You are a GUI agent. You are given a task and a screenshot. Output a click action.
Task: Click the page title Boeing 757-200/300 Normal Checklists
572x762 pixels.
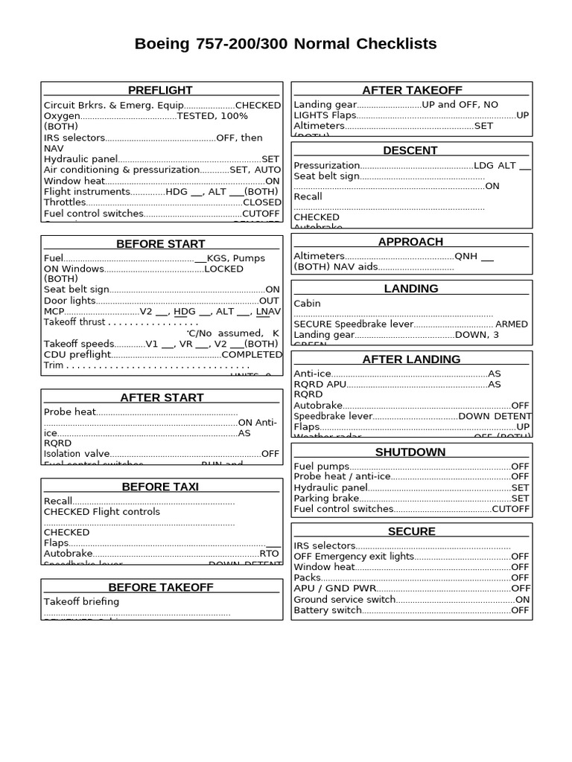click(x=285, y=44)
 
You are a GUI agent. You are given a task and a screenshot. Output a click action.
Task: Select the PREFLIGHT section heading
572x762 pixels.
click(x=160, y=90)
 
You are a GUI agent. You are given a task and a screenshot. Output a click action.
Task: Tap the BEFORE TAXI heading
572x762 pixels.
click(x=160, y=487)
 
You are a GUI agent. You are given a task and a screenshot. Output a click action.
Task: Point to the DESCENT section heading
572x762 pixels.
click(x=410, y=150)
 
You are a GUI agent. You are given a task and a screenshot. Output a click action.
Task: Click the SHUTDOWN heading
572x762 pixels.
click(x=410, y=452)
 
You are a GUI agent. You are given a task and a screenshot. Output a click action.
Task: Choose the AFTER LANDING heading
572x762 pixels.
click(x=411, y=359)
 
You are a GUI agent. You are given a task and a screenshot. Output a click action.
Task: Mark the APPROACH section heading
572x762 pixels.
click(x=410, y=242)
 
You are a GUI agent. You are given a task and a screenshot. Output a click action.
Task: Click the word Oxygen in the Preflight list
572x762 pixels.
click(x=61, y=116)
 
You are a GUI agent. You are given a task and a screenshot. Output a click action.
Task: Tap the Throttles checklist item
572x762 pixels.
click(x=65, y=202)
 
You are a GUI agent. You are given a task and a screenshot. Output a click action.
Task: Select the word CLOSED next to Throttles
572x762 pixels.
click(x=262, y=202)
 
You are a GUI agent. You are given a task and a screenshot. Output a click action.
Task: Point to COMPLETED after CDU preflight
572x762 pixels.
click(x=252, y=355)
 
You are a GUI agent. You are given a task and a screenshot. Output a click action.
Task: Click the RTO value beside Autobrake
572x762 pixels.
click(x=269, y=554)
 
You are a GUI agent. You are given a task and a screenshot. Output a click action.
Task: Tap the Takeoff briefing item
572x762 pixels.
click(x=81, y=601)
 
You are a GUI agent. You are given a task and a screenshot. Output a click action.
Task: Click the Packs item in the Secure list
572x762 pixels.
click(x=308, y=577)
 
